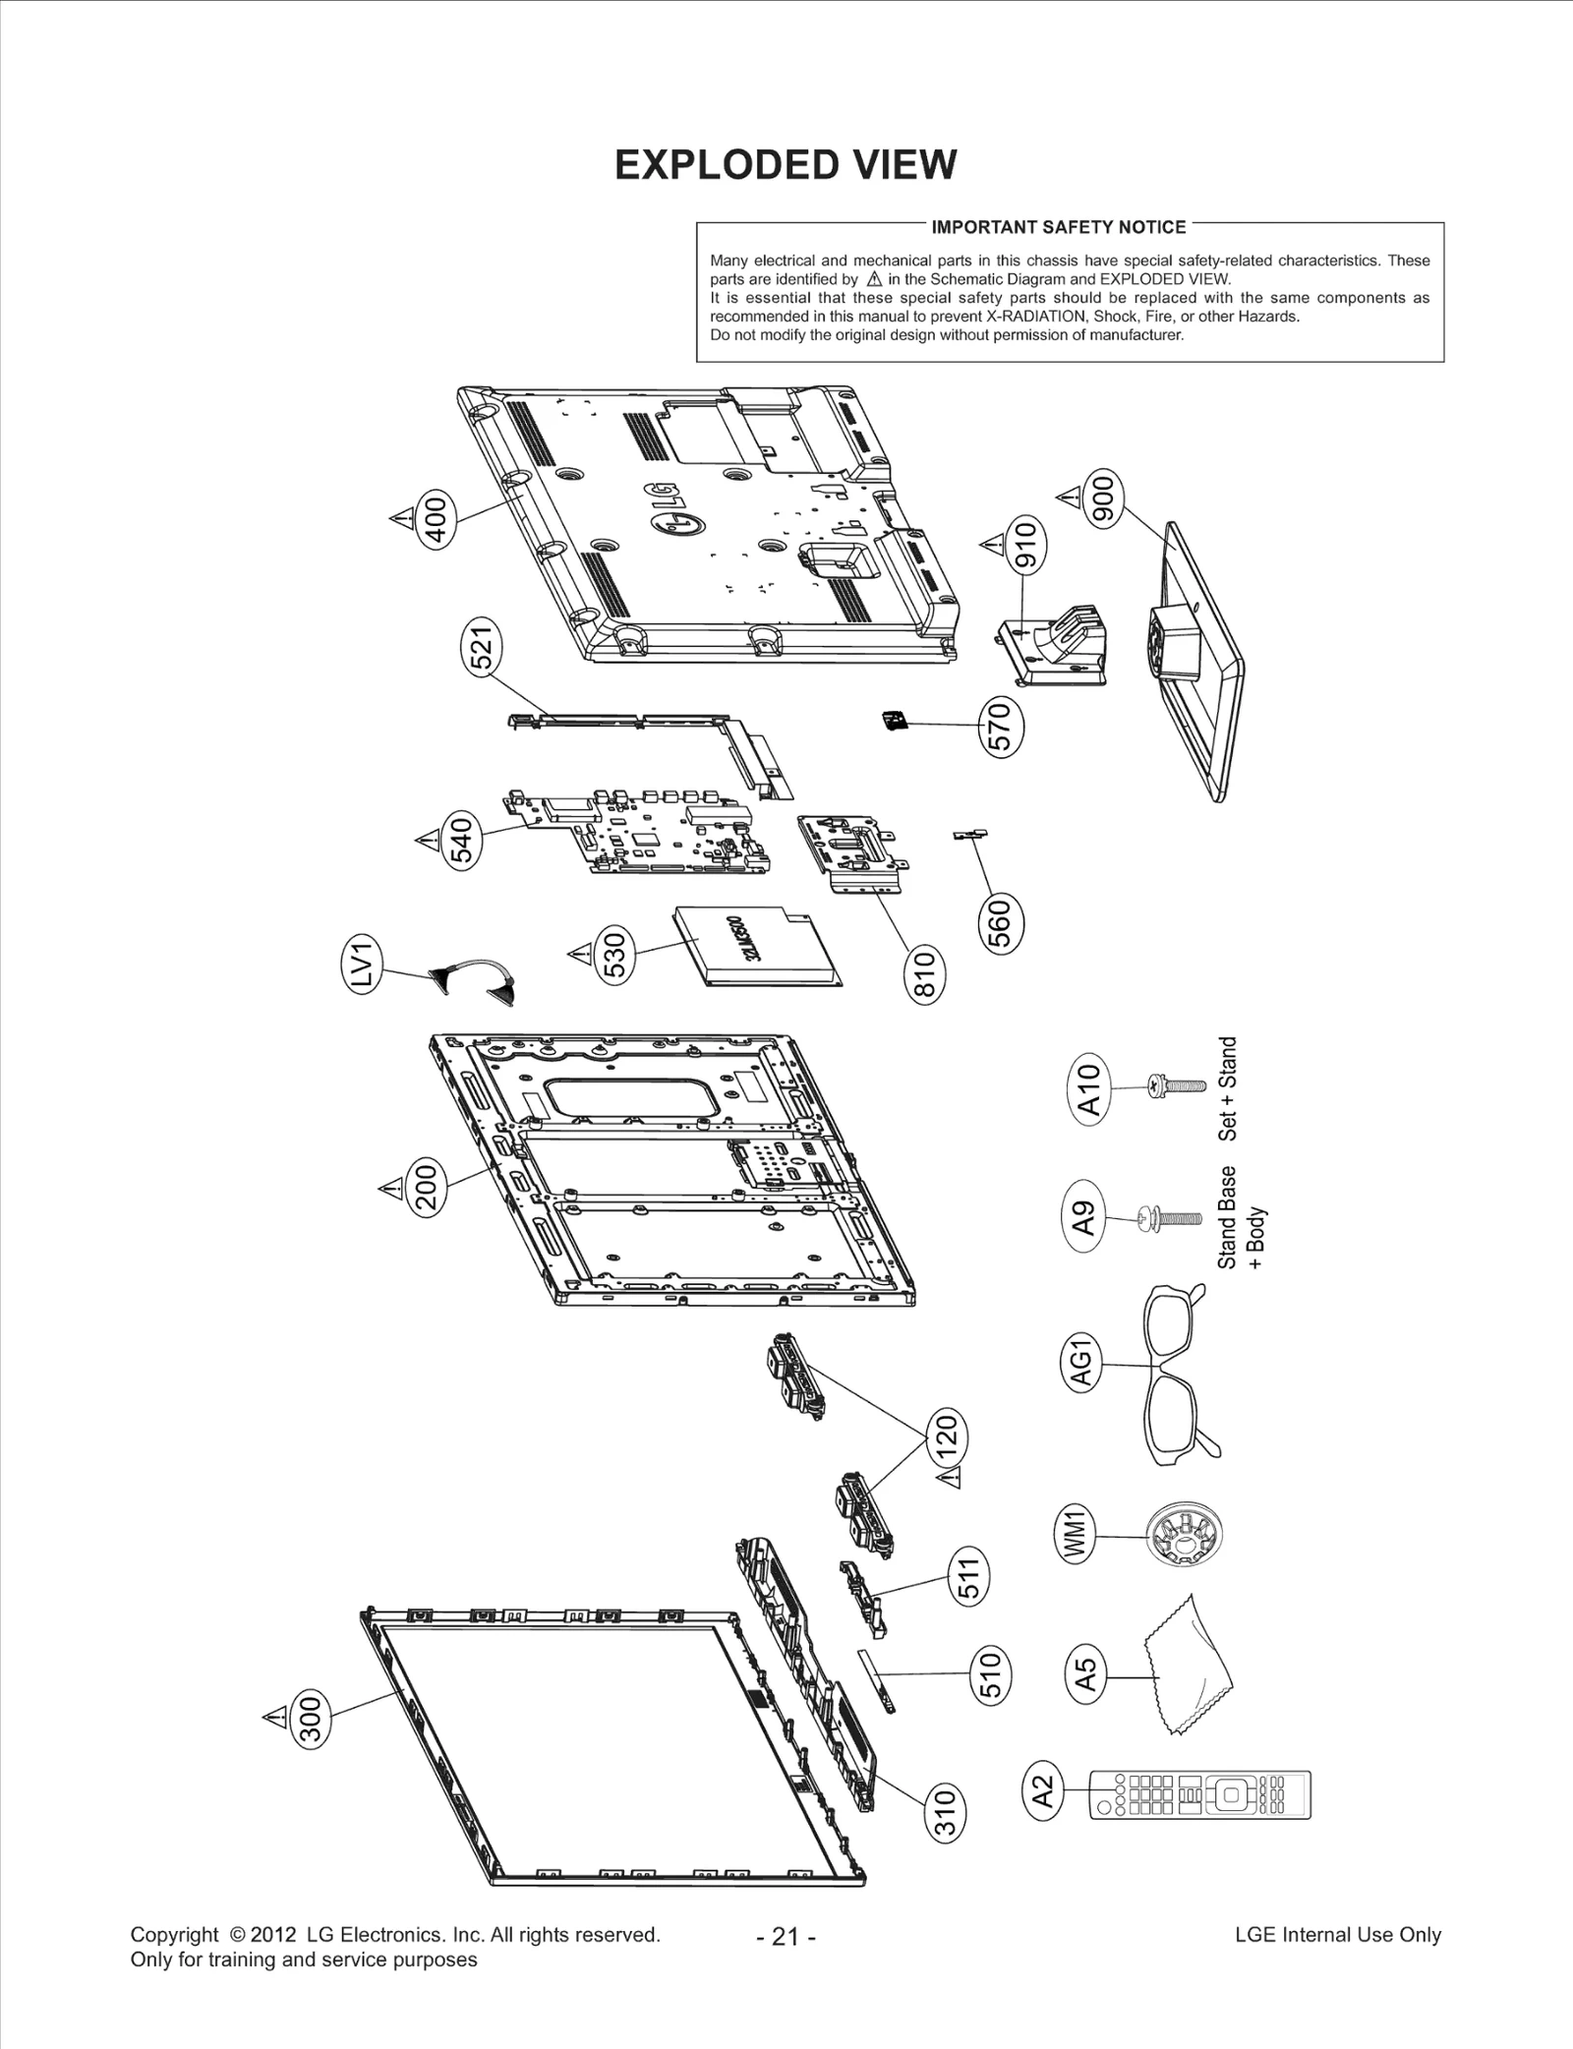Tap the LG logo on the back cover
point(672,508)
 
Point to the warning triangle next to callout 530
point(579,953)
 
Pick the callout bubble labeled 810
point(923,973)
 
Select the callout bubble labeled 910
point(1024,547)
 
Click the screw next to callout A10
point(1175,1086)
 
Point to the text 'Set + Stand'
point(1228,1088)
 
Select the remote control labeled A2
point(1199,1794)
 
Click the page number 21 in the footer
point(786,1936)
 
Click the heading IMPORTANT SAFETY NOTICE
point(1058,227)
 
